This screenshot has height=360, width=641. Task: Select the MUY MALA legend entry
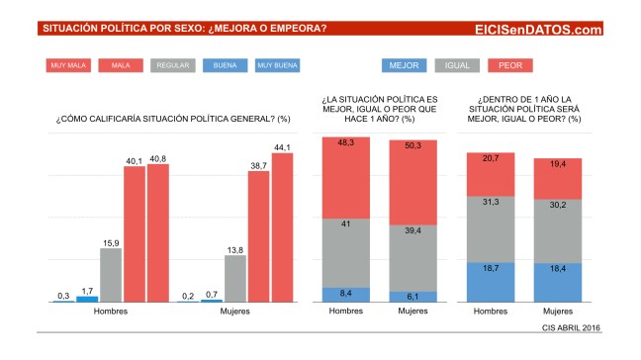68,66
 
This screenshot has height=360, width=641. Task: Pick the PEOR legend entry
510,66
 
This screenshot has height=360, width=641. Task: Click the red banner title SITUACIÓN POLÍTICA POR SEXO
184,29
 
